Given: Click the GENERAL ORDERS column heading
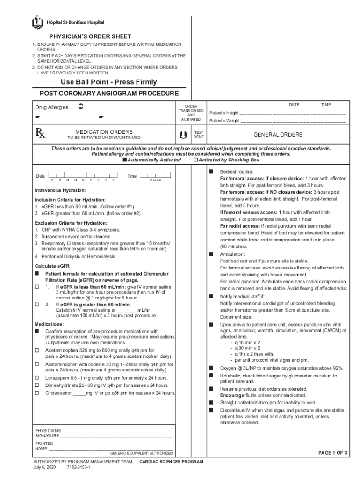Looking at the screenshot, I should click(278, 135).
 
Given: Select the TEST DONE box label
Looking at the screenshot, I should click(199, 135).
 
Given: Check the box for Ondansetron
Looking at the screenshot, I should click(37, 393).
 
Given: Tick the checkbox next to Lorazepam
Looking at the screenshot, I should click(37, 378).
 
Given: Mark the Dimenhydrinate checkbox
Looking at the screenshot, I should click(37, 385).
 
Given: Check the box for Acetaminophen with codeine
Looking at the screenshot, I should click(37, 364).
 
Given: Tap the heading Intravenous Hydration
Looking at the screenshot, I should click(60, 190).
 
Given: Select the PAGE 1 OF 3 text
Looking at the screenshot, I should click(332, 453).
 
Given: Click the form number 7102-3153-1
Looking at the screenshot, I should click(79, 467).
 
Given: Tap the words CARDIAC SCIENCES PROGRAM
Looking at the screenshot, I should click(171, 462).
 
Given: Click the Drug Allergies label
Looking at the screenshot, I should click(52, 107).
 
